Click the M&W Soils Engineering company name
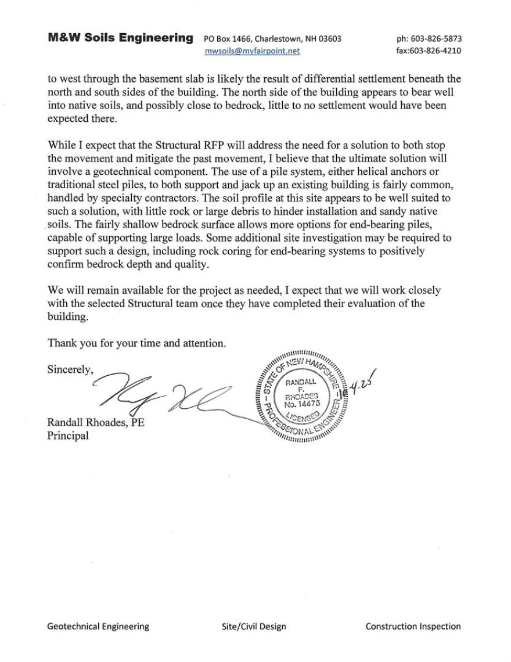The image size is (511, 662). click(120, 38)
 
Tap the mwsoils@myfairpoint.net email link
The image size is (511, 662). click(252, 51)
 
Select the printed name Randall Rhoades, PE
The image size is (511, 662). click(96, 423)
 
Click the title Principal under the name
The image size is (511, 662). click(68, 436)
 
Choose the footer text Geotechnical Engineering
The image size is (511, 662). click(98, 627)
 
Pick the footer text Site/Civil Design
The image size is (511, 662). click(254, 627)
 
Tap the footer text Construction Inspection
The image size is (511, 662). click(413, 627)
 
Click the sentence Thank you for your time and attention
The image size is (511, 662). click(136, 343)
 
